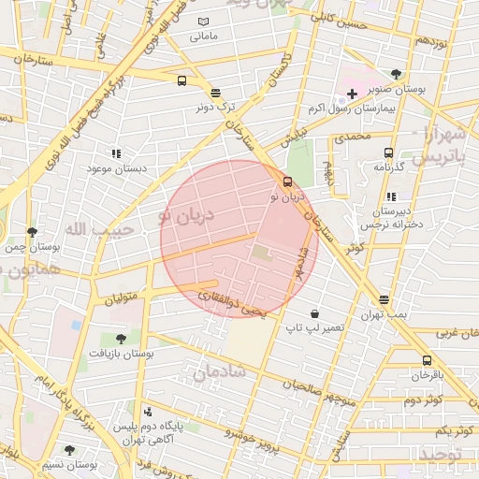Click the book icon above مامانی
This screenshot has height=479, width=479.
click(205, 22)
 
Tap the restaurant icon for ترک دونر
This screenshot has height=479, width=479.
click(216, 93)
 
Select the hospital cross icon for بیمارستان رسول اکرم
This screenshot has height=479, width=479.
click(352, 94)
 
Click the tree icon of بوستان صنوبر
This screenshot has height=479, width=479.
click(397, 73)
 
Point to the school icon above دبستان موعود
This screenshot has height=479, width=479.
click(116, 153)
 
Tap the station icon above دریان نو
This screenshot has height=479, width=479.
click(286, 183)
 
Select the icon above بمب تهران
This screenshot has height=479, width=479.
click(385, 300)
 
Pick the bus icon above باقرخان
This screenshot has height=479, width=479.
click(428, 360)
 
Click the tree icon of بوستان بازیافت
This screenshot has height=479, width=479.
click(120, 339)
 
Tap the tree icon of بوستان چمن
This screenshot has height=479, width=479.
click(32, 232)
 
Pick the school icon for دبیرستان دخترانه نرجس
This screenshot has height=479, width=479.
click(390, 197)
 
